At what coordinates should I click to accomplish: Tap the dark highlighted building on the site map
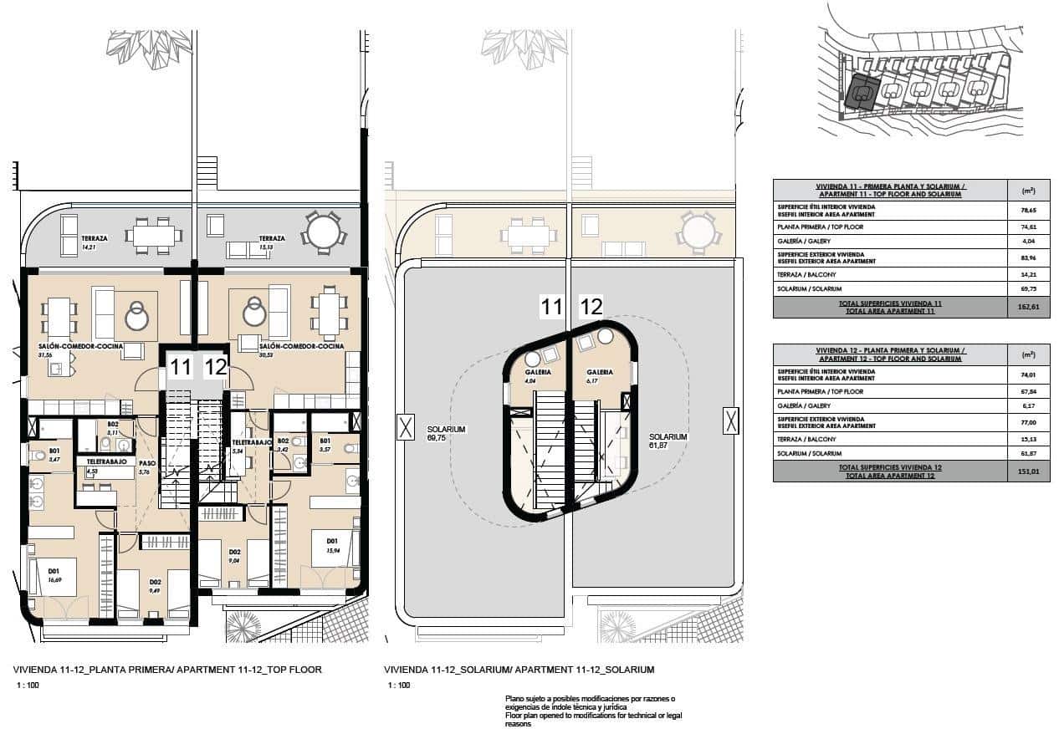coord(861,92)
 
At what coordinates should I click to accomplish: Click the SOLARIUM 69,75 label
coord(446,433)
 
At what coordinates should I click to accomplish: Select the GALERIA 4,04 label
coord(537,376)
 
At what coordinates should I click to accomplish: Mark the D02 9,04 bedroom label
coord(235,556)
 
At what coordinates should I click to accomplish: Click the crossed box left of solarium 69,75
coord(406,428)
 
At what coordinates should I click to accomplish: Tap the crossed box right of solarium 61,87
coord(730,420)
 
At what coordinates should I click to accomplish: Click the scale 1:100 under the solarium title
coord(399,685)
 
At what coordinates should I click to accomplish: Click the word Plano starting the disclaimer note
coord(515,698)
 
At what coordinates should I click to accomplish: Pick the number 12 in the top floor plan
coord(215,366)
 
